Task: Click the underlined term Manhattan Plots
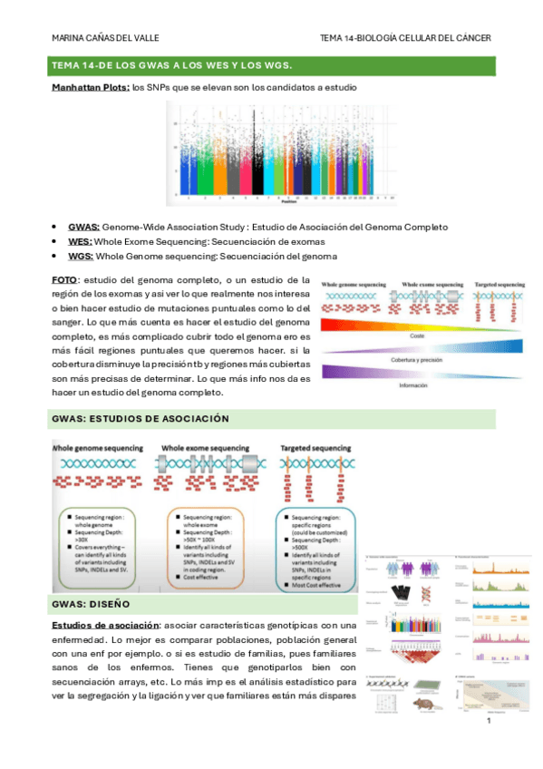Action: (x=91, y=88)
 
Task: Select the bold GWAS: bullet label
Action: (x=83, y=227)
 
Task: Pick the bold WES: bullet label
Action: (x=80, y=241)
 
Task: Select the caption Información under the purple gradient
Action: (x=418, y=386)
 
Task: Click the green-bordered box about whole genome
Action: (x=104, y=538)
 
